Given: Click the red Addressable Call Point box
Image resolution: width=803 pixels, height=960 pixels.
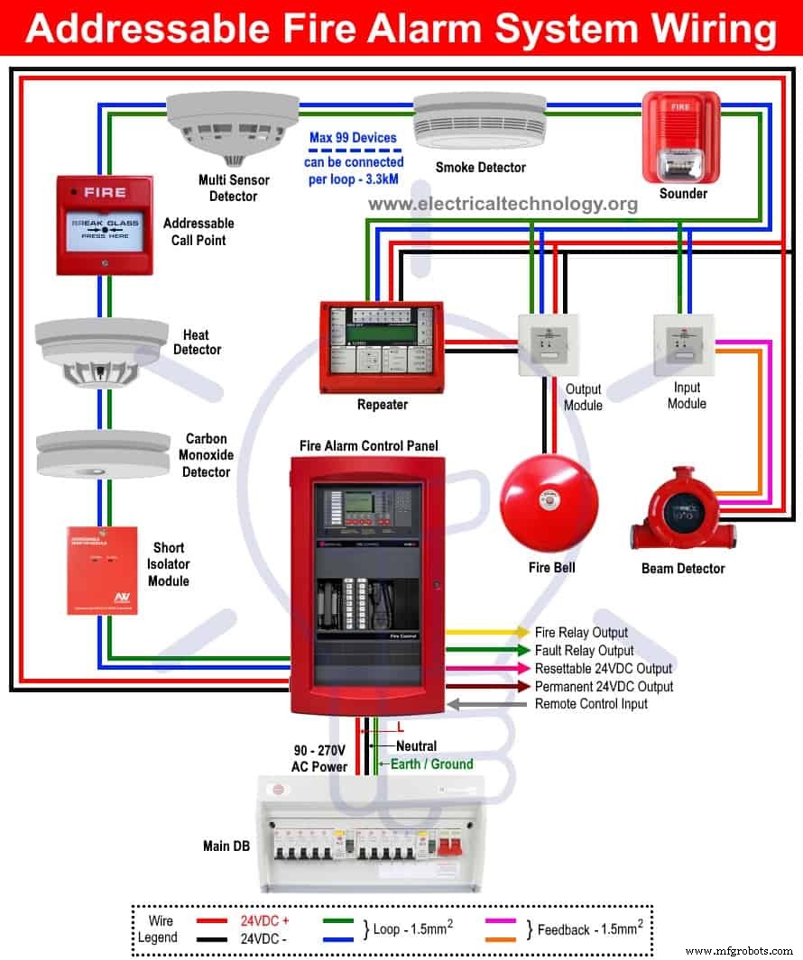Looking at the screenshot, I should [x=105, y=225].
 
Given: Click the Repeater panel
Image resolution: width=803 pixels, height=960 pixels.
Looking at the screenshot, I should [x=382, y=344].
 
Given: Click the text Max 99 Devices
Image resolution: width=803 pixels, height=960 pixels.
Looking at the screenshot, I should [x=353, y=138].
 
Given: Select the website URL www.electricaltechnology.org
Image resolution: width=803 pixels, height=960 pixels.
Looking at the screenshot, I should [x=503, y=204].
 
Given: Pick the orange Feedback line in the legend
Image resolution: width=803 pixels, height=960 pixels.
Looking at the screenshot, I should [x=501, y=938].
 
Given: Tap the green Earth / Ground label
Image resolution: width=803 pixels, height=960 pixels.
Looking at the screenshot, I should [x=431, y=763].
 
